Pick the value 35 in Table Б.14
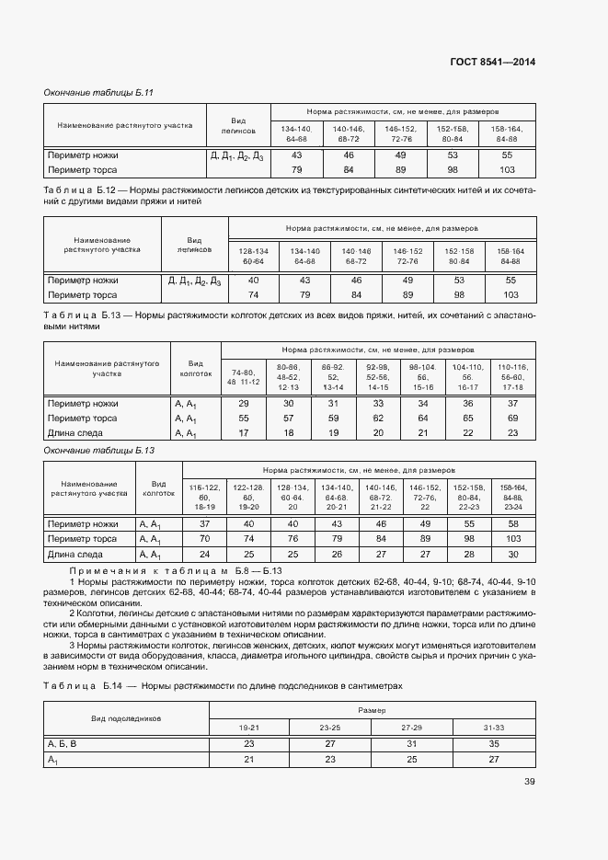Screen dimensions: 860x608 coord(494,743)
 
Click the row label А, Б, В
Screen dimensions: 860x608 coord(62,743)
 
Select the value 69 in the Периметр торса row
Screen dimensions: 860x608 coord(512,418)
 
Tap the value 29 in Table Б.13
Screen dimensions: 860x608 coord(244,403)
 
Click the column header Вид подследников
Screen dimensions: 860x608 coord(126,717)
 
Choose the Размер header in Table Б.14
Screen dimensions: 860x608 coord(371,710)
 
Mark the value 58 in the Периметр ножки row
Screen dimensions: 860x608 coord(512,523)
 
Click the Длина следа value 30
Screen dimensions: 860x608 coord(512,555)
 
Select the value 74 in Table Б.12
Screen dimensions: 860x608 coord(253,294)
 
